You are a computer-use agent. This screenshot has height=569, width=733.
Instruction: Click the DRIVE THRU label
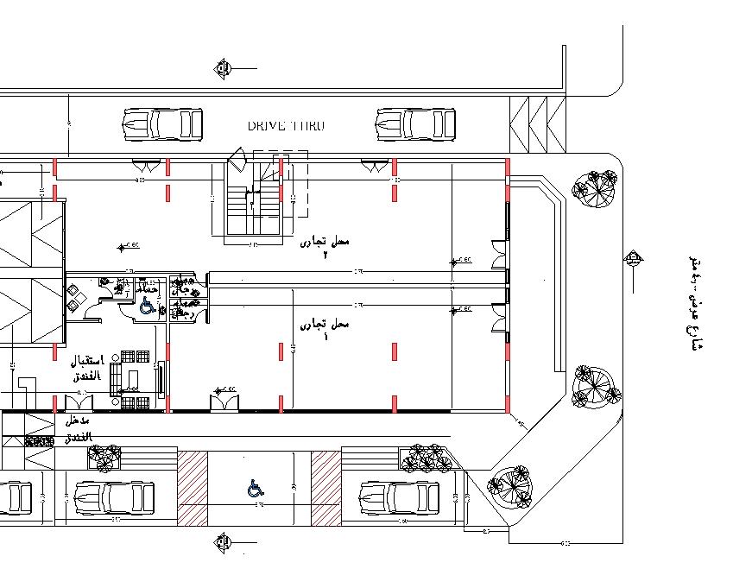coord(286,126)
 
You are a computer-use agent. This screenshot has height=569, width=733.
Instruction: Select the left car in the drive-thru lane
coord(163,124)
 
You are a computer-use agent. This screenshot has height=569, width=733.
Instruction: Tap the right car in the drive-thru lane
coord(416,124)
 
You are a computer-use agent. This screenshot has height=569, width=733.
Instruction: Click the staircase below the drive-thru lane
coord(252,203)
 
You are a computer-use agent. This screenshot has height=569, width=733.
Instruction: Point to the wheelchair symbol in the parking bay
coord(255,489)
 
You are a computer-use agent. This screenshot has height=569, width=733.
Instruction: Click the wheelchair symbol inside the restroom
coord(148,307)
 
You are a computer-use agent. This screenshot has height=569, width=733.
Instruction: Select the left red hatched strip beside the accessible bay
coord(193,488)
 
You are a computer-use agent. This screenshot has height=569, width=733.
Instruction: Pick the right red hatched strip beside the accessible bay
coord(326,488)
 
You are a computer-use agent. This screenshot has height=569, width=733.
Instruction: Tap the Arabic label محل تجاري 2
coord(325,247)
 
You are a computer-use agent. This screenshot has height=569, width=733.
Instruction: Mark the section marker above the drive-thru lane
coord(224,66)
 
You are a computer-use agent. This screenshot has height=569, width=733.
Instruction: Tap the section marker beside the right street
coord(634,258)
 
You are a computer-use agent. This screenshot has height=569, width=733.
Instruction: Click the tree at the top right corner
coord(596,188)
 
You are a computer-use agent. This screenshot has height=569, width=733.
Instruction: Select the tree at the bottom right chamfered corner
coord(509,485)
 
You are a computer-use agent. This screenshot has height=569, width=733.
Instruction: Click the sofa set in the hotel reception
coord(131,377)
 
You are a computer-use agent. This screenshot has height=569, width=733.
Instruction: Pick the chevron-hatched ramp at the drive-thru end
coord(536,125)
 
